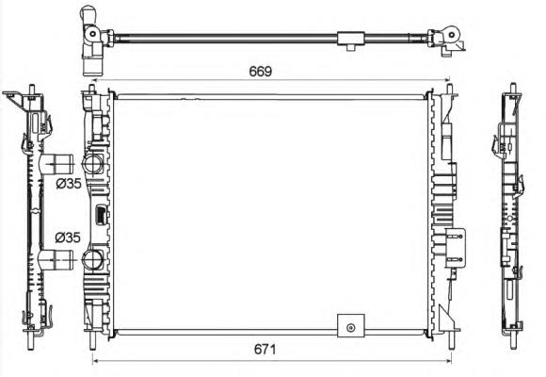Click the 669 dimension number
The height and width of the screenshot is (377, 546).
(x=260, y=71)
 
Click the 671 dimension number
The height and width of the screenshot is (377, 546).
(x=265, y=349)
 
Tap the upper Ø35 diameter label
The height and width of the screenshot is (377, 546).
(x=69, y=183)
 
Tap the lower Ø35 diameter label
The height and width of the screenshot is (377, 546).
(x=68, y=238)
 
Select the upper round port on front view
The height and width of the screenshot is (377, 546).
(x=92, y=163)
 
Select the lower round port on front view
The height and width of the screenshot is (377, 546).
(x=92, y=259)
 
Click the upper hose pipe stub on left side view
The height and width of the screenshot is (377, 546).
(x=57, y=164)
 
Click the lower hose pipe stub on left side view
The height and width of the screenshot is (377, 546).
(x=56, y=259)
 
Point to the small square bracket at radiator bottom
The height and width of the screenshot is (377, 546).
(x=351, y=325)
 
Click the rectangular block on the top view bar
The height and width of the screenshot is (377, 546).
(x=351, y=39)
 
